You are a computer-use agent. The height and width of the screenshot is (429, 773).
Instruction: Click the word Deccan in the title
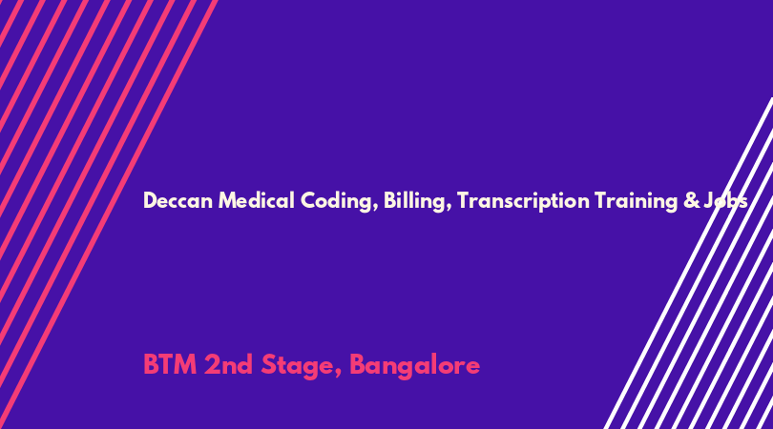tap(178, 201)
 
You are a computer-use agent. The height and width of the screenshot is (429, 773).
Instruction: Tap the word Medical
tap(257, 200)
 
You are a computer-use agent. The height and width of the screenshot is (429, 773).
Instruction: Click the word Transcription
tap(523, 201)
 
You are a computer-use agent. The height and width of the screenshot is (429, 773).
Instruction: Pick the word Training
tap(637, 201)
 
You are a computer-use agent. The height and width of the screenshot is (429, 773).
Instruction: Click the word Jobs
tap(725, 201)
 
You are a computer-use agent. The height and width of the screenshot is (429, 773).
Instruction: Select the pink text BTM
tap(170, 365)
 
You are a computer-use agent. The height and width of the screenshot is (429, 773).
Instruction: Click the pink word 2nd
tap(228, 365)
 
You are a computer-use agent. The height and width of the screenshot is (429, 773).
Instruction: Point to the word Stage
tap(297, 366)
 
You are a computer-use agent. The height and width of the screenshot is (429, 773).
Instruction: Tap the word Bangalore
tap(414, 366)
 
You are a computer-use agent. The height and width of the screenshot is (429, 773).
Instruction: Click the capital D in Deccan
tap(151, 201)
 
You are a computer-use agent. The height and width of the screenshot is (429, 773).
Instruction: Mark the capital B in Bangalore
tap(358, 365)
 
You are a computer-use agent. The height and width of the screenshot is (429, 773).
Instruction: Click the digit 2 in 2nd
tap(212, 365)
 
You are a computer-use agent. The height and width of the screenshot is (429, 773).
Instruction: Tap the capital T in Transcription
tap(464, 201)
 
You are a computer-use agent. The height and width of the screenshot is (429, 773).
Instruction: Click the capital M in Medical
tap(228, 201)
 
